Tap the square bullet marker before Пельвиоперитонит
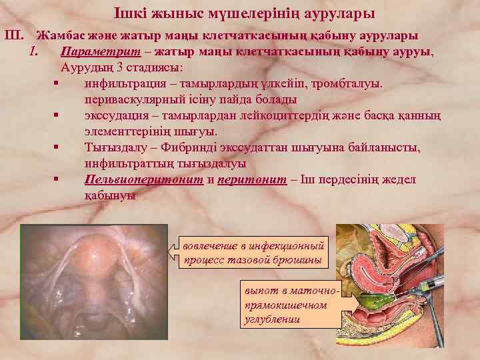(58, 180)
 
